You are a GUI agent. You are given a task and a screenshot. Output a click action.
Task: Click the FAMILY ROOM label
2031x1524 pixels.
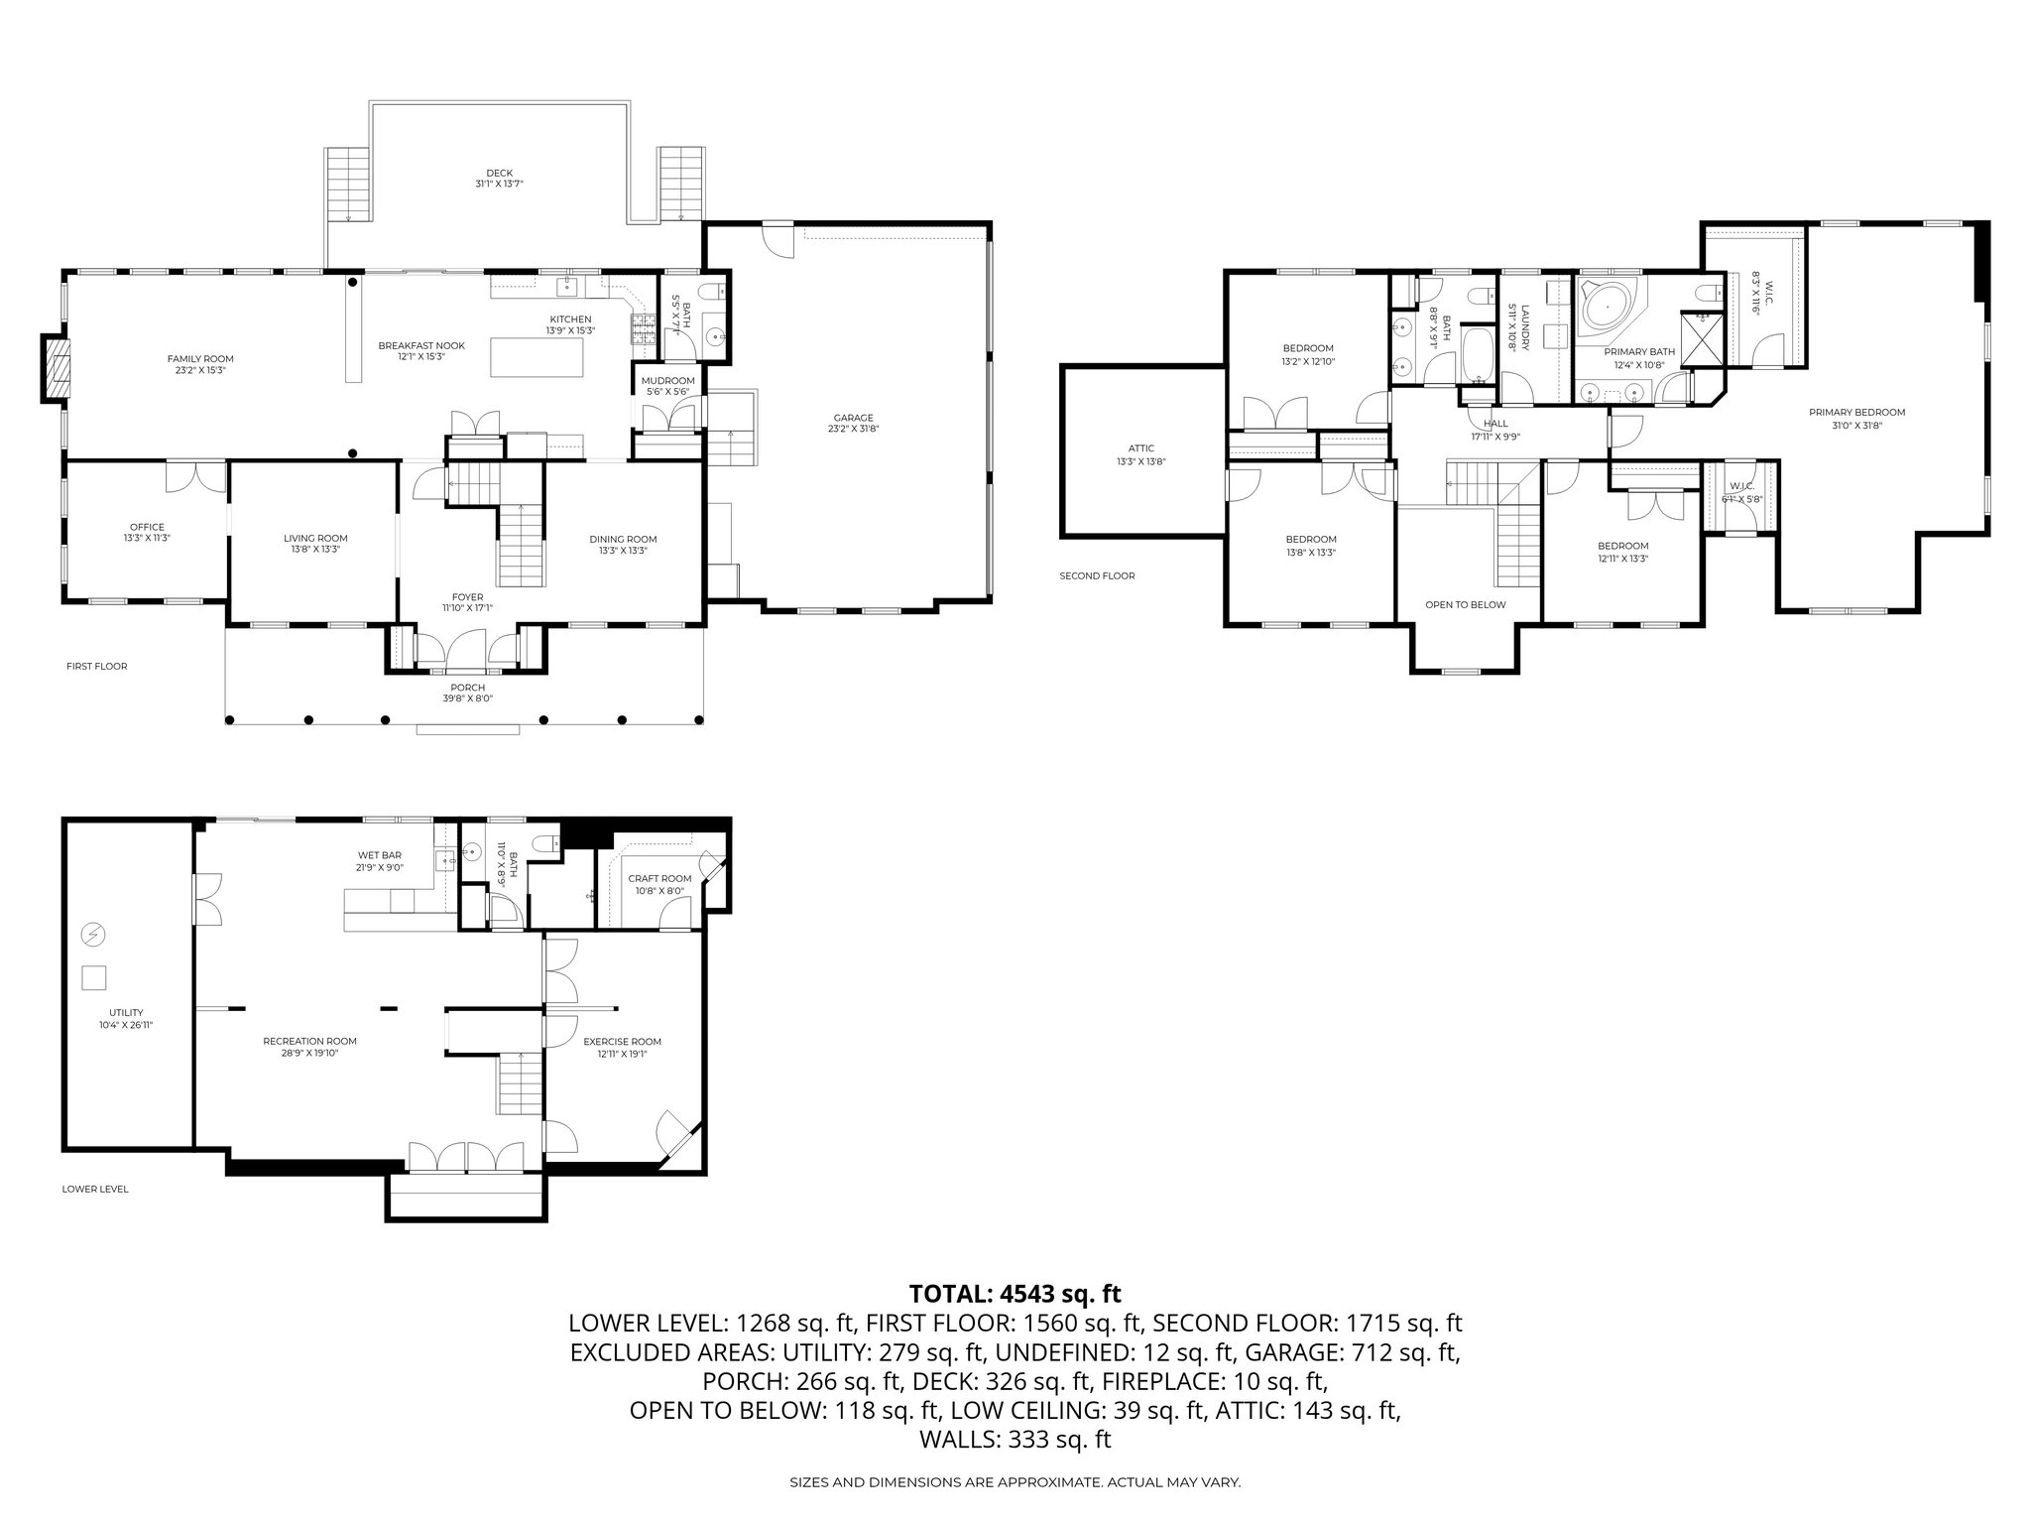click(200, 359)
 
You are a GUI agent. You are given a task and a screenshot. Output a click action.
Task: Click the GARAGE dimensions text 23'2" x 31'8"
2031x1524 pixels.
click(853, 430)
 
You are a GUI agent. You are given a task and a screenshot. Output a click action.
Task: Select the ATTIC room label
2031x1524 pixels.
click(1141, 448)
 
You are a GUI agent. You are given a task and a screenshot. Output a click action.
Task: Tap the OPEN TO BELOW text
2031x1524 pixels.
click(1465, 604)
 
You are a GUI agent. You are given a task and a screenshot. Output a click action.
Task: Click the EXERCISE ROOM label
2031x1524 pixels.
click(622, 1042)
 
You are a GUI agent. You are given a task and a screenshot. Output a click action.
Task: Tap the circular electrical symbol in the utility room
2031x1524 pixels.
click(92, 934)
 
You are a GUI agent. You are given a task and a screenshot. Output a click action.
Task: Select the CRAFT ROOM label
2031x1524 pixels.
click(659, 879)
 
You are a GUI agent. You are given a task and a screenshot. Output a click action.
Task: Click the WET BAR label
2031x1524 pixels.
click(380, 855)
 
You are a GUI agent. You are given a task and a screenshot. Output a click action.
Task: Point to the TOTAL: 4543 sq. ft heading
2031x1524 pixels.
click(1015, 1294)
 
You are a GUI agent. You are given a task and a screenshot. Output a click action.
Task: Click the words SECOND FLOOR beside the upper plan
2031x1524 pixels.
click(1097, 575)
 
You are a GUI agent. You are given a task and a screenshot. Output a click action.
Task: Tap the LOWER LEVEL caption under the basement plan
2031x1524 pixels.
click(95, 1189)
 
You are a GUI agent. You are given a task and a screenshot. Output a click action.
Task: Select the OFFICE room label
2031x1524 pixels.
click(147, 527)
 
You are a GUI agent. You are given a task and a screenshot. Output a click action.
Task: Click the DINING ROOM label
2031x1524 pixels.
click(623, 539)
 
